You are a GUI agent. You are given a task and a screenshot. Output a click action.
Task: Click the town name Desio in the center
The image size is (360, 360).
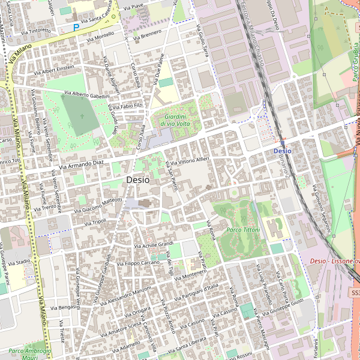pyautogui.click(x=137, y=179)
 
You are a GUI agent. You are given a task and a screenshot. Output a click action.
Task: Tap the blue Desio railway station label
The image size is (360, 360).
pyautogui.click(x=282, y=151)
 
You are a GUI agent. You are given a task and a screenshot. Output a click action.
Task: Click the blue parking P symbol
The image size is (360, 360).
pyautogui.click(x=76, y=27)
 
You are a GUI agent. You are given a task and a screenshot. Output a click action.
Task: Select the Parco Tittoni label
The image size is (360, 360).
pyautogui.click(x=244, y=230)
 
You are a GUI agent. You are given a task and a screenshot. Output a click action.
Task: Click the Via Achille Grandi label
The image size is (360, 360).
pyautogui.click(x=154, y=244)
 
